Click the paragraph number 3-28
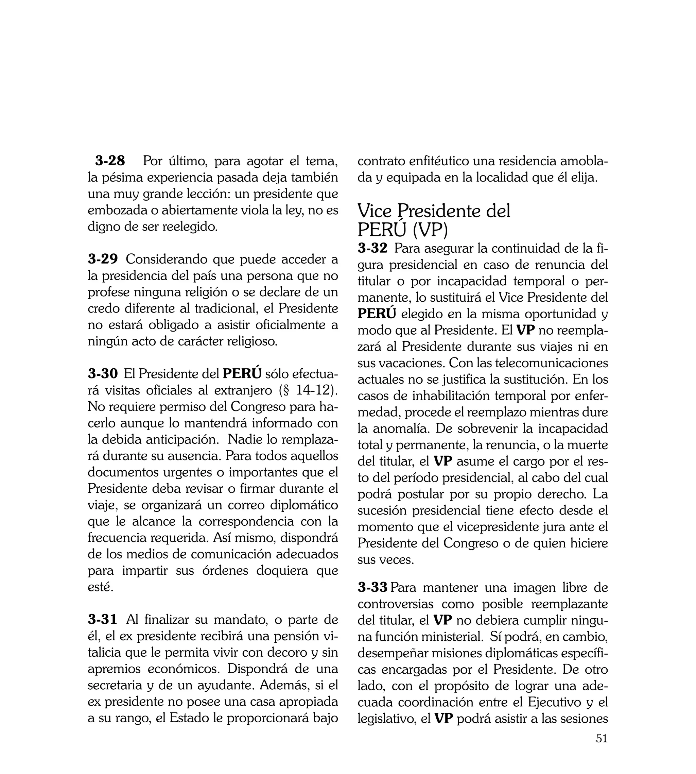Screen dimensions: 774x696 coord(110,161)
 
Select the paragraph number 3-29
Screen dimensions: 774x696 coord(103,259)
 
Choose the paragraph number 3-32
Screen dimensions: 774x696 coord(372,248)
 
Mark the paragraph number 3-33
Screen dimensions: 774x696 coord(373,587)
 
